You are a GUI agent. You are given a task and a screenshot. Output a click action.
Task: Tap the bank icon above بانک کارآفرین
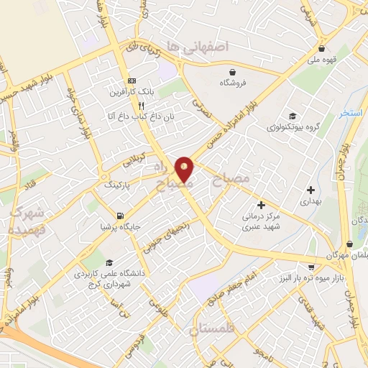click(130, 80)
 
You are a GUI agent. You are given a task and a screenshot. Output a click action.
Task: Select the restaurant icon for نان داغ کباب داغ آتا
click(132, 105)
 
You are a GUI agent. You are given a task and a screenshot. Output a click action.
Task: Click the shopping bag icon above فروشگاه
click(234, 71)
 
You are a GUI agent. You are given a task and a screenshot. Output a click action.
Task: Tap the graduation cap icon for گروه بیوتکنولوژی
click(292, 116)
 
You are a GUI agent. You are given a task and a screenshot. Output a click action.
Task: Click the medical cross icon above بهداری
click(310, 190)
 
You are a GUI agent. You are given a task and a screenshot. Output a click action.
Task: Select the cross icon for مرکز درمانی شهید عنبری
click(261, 206)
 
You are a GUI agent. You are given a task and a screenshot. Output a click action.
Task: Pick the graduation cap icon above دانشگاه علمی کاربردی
click(109, 263)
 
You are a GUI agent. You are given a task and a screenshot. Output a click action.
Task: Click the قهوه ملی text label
click(321, 60)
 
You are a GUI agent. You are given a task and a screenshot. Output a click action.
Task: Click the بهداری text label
click(311, 203)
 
